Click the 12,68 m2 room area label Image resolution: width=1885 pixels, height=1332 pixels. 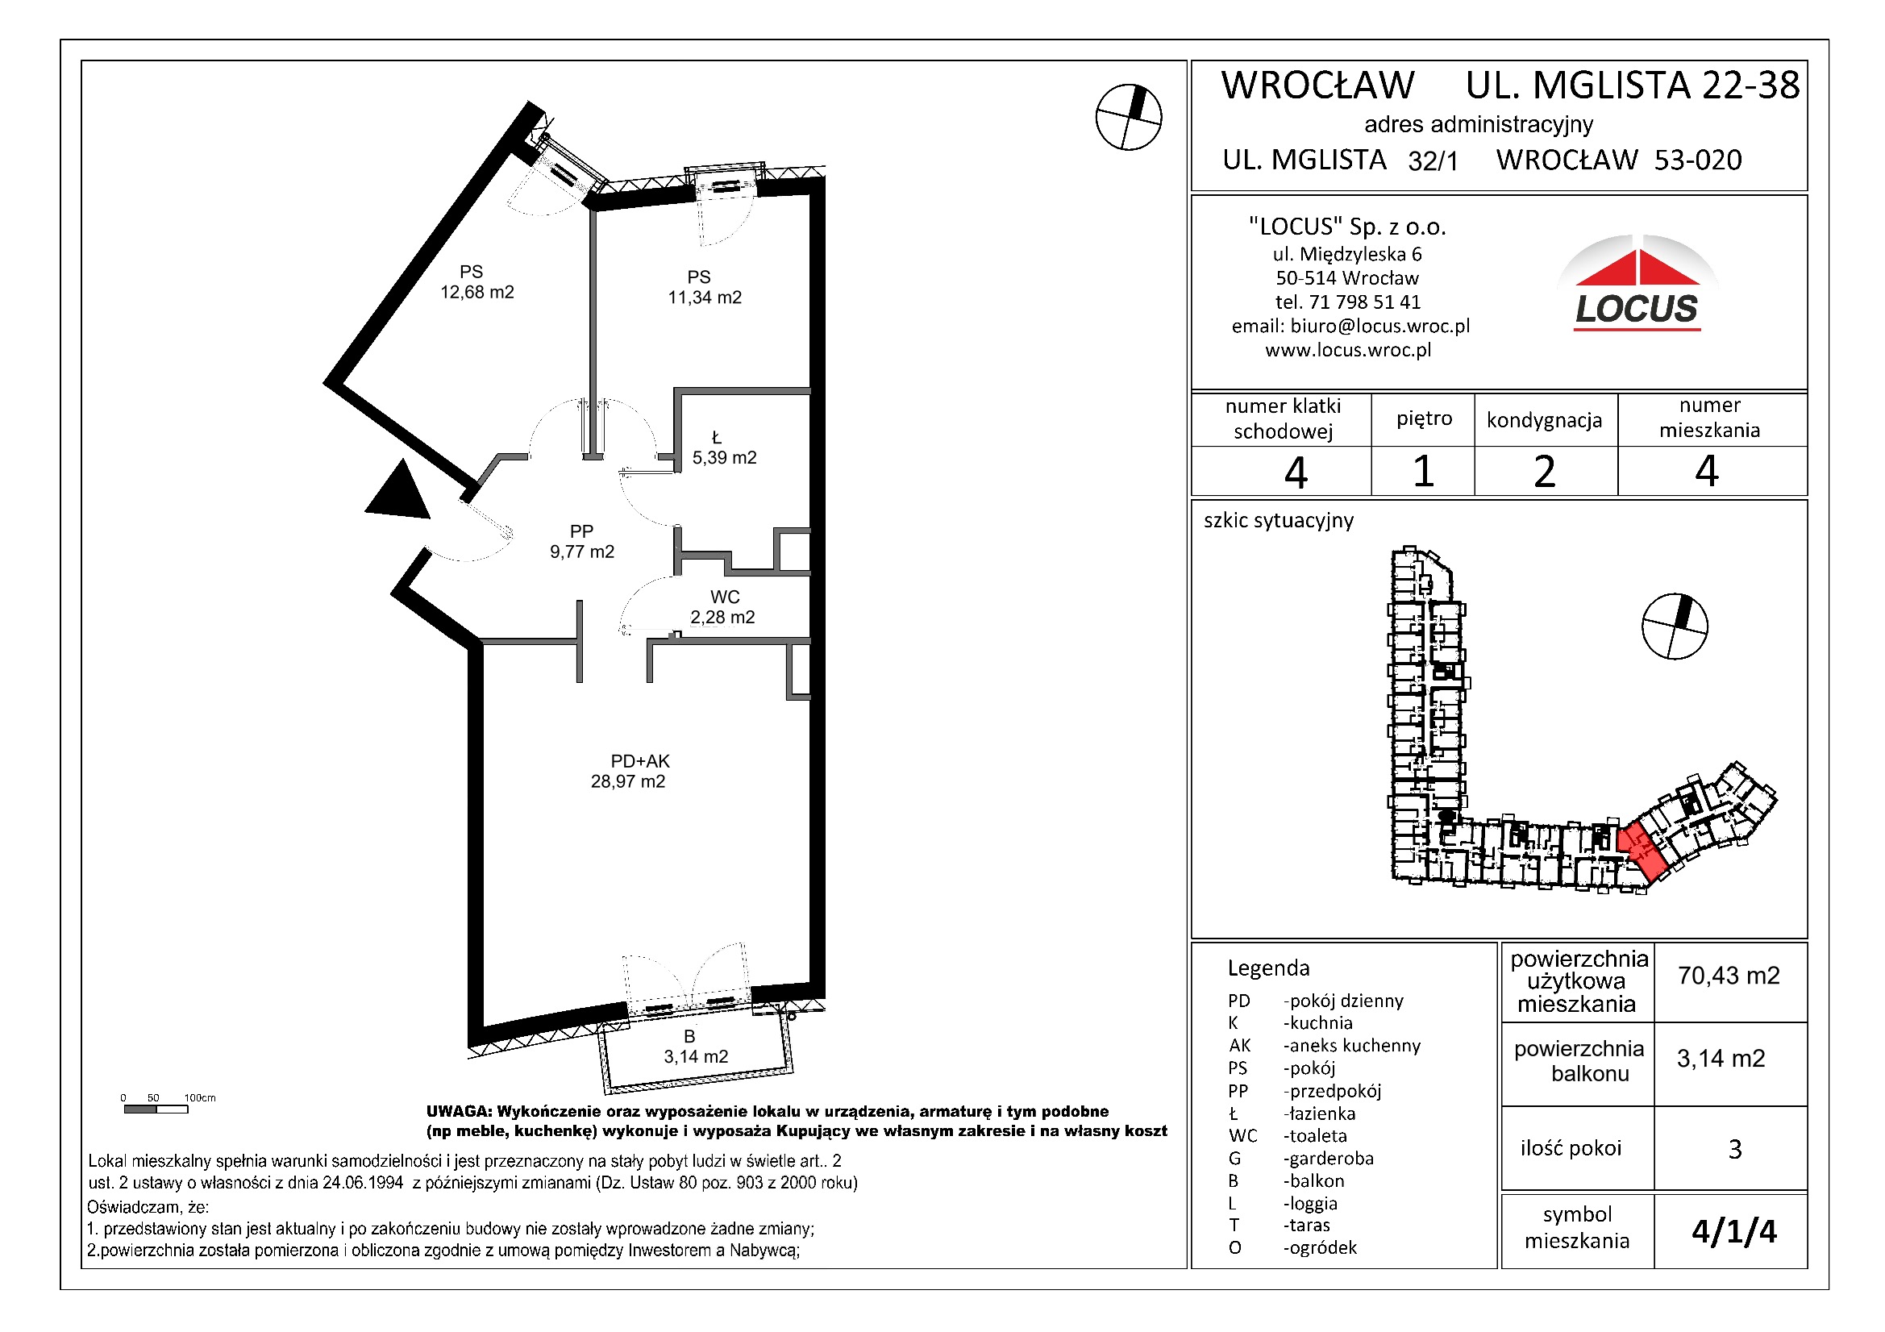[476, 282]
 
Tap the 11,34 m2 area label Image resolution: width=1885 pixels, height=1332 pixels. [704, 288]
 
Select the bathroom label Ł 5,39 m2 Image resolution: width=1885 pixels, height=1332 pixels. [723, 448]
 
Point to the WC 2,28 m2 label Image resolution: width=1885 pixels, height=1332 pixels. [722, 608]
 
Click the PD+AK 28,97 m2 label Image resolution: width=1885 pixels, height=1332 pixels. [629, 772]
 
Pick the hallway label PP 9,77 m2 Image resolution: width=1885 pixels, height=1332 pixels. [581, 542]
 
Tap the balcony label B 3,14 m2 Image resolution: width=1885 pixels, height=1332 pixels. [694, 1047]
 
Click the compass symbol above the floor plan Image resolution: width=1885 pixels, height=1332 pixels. [1128, 118]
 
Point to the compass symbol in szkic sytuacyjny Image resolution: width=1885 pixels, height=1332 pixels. [1674, 626]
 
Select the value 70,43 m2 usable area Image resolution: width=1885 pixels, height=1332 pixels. [1729, 976]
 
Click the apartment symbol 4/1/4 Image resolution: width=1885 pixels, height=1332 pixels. [1733, 1232]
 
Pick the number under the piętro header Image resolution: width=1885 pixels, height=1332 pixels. [1423, 472]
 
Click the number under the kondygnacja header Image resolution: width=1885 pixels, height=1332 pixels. [1543, 472]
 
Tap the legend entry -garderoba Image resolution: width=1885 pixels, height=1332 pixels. [1328, 1159]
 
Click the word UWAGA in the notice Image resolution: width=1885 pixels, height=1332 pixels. [457, 1112]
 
